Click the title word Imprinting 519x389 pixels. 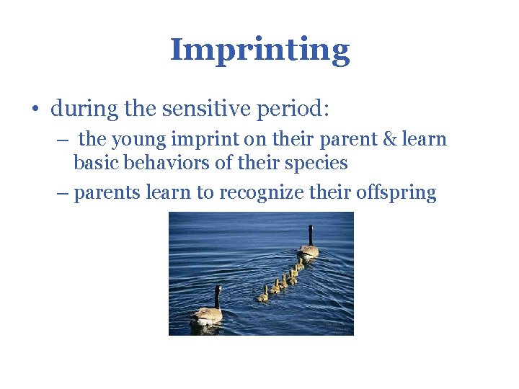pyautogui.click(x=259, y=50)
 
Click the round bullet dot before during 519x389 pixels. pyautogui.click(x=34, y=110)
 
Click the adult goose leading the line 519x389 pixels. pyautogui.click(x=309, y=249)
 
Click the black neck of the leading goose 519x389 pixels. pyautogui.click(x=311, y=235)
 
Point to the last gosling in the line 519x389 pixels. pyautogui.click(x=263, y=295)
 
